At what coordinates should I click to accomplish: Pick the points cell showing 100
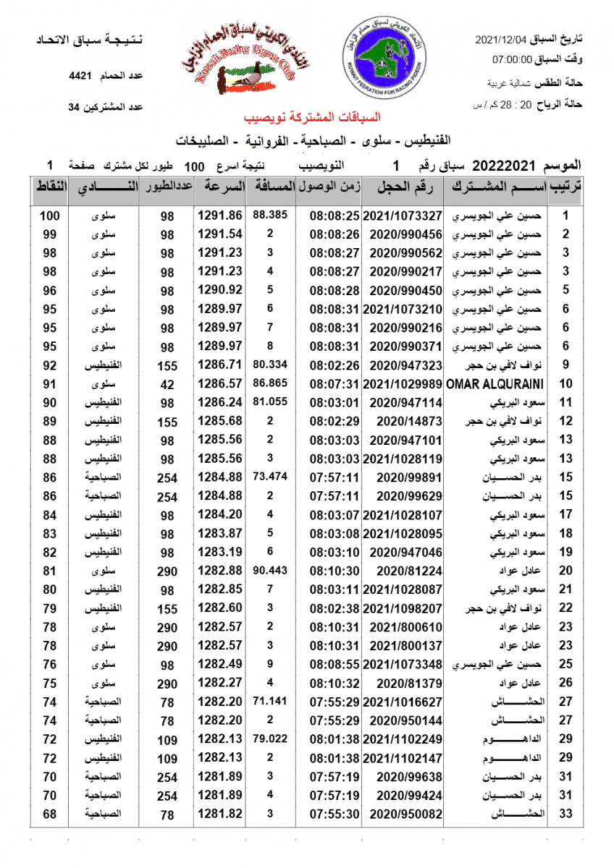pyautogui.click(x=49, y=216)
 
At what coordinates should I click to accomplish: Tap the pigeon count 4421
pyautogui.click(x=80, y=75)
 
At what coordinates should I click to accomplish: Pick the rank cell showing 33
pyautogui.click(x=566, y=814)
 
